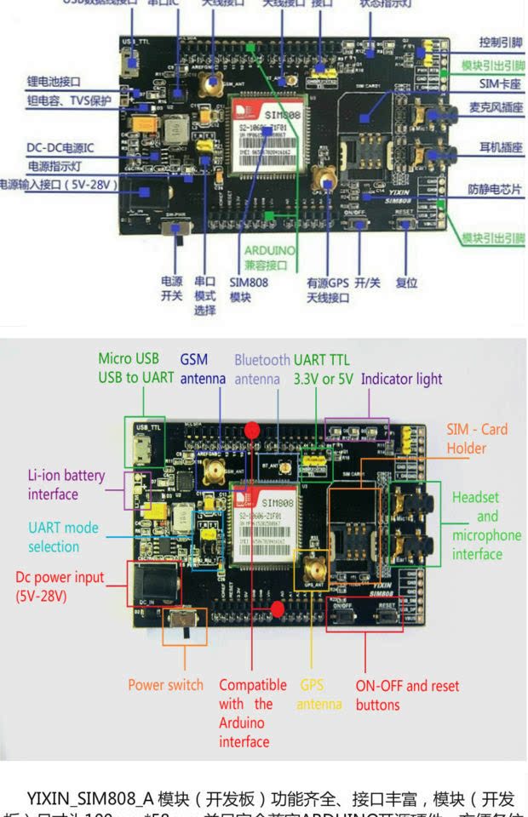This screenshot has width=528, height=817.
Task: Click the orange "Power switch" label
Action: click(165, 684)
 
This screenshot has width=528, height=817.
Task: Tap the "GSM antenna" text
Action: click(203, 369)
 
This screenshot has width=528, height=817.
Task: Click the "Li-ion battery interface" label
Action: click(65, 484)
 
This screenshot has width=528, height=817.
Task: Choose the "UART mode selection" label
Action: click(63, 537)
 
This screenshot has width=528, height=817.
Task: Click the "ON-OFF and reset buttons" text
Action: click(406, 694)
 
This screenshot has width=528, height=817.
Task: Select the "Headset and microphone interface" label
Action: click(486, 525)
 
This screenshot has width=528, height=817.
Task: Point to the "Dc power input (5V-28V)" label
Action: click(60, 586)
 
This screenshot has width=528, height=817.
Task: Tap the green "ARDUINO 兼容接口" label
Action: click(270, 258)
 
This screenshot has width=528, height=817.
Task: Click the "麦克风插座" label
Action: click(495, 108)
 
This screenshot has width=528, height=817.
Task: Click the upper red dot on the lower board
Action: click(252, 430)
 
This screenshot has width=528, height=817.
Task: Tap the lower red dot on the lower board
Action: click(277, 608)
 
